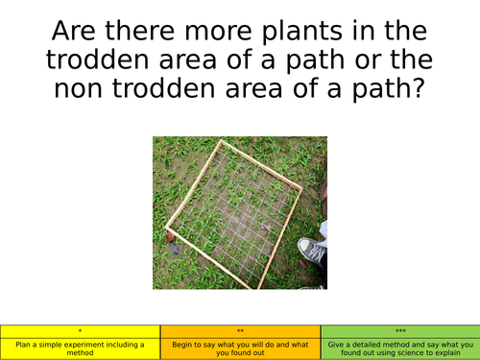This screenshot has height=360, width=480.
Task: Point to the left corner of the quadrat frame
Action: [167, 231]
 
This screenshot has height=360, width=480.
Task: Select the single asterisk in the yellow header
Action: [80, 329]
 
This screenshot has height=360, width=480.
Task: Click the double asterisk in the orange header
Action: [240, 329]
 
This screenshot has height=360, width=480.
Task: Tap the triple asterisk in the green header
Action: [399, 329]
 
